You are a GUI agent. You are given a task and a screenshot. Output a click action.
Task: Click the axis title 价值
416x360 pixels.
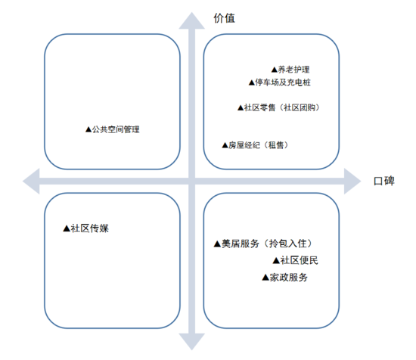pyautogui.click(x=224, y=18)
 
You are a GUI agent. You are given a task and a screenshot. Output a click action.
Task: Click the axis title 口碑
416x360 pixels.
pyautogui.click(x=384, y=181)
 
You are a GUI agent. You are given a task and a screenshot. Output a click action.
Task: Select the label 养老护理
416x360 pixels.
pyautogui.click(x=293, y=70)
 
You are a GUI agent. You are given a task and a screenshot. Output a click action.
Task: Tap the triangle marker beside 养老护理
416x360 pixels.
pyautogui.click(x=275, y=70)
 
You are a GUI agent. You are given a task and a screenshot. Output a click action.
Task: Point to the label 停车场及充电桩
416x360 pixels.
pyautogui.click(x=283, y=82)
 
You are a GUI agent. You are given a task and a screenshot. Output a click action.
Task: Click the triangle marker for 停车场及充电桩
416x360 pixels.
pyautogui.click(x=252, y=82)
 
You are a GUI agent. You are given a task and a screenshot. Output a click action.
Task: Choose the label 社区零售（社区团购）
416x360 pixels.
pyautogui.click(x=282, y=107)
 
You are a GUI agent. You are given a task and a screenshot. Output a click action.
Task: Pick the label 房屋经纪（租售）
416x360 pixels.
pyautogui.click(x=259, y=145)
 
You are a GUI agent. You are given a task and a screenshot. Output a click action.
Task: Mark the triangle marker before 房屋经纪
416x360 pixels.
pyautogui.click(x=225, y=145)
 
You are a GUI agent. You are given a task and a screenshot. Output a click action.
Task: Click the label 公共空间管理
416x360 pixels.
pyautogui.click(x=116, y=129)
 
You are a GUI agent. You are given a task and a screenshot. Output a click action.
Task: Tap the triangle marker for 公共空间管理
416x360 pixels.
pyautogui.click(x=88, y=129)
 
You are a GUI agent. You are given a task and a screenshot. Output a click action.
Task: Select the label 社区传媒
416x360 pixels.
pyautogui.click(x=90, y=228)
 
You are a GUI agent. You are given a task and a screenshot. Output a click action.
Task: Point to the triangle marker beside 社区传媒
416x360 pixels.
pyautogui.click(x=67, y=228)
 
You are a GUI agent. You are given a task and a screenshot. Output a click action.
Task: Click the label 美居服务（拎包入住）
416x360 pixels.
pyautogui.click(x=267, y=244)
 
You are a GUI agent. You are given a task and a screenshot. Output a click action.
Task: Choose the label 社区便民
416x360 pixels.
pyautogui.click(x=300, y=260)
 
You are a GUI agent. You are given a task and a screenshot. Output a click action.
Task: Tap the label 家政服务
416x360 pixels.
pyautogui.click(x=289, y=278)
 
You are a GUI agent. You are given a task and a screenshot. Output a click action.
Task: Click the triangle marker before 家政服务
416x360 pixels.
pyautogui.click(x=265, y=278)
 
